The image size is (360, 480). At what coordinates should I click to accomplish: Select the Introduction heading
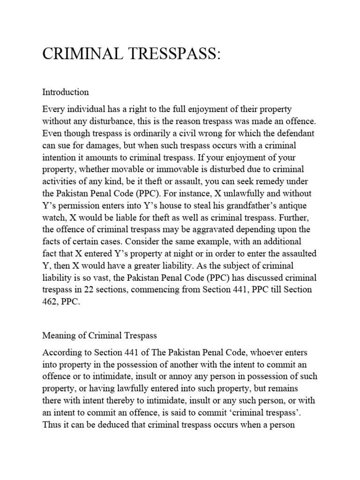pos(66,92)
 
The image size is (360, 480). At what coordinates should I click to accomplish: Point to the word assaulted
pos(295,254)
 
